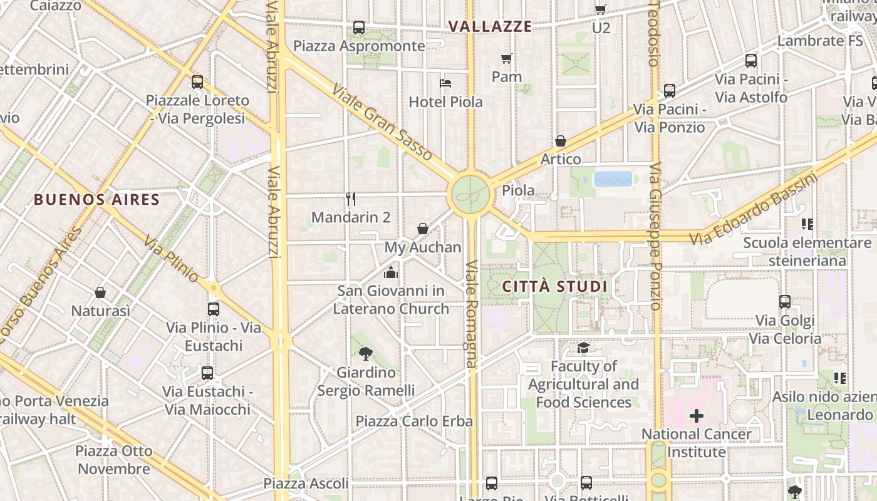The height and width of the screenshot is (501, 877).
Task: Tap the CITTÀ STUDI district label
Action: (x=555, y=287)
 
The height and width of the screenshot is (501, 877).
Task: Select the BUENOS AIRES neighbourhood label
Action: (x=96, y=200)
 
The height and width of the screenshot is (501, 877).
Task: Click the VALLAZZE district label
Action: (x=490, y=26)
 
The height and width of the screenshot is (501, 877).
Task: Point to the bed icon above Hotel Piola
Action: (x=445, y=83)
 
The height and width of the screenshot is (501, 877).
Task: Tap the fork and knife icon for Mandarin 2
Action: (x=351, y=199)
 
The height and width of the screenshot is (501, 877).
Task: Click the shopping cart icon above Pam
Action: (x=507, y=59)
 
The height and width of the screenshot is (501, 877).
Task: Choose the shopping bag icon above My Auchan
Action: (x=423, y=229)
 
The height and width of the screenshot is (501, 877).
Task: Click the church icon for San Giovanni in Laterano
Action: (x=391, y=272)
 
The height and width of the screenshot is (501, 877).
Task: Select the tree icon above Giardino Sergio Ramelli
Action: (x=366, y=354)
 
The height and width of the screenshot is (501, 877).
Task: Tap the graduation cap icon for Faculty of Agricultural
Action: (x=583, y=348)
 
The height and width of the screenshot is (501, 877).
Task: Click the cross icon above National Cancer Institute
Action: (x=696, y=416)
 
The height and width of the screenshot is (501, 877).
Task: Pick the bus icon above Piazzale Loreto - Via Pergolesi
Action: (x=197, y=82)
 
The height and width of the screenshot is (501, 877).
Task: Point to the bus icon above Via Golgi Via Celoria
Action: (x=785, y=302)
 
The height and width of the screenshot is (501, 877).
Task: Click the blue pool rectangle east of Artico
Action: (x=613, y=179)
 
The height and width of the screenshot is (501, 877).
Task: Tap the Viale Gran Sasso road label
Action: (x=382, y=123)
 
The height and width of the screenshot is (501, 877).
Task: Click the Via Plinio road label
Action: (x=171, y=259)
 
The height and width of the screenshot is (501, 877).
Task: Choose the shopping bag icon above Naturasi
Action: (x=100, y=292)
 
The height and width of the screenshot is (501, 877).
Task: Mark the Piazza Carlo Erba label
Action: (x=414, y=421)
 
